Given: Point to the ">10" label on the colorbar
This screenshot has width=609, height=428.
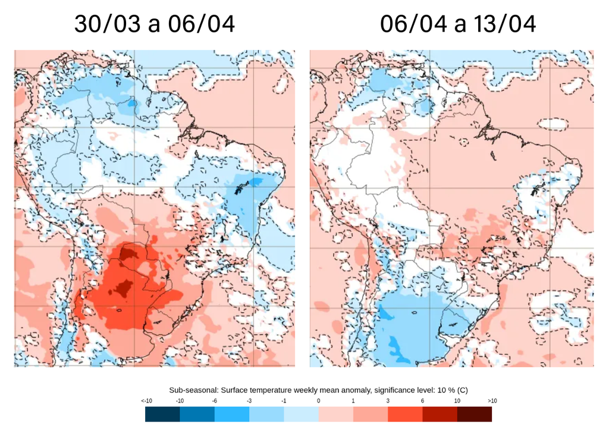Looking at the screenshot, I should coord(492,401).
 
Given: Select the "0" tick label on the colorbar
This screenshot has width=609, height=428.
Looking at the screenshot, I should coord(318,401).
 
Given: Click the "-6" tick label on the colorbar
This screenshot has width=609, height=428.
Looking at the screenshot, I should coord(215,401).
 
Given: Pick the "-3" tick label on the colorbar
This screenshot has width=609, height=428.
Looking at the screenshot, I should coord(249,401).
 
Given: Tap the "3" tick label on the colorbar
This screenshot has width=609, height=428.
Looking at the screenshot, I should coord(388,401).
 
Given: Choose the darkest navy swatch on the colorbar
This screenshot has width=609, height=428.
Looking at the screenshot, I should coord(162,414).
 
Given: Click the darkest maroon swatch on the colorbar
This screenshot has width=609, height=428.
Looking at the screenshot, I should coord(475,414).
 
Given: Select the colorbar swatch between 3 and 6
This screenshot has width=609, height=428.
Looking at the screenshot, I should coord(405,414).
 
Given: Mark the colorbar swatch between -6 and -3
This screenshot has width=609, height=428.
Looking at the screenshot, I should coord(232,414).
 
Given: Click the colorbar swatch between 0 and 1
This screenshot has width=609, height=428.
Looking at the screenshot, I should coord(336,414).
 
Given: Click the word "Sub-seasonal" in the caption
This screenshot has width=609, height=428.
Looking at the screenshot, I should coord(190,390).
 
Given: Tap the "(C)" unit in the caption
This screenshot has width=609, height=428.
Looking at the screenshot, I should coord(462,390).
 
